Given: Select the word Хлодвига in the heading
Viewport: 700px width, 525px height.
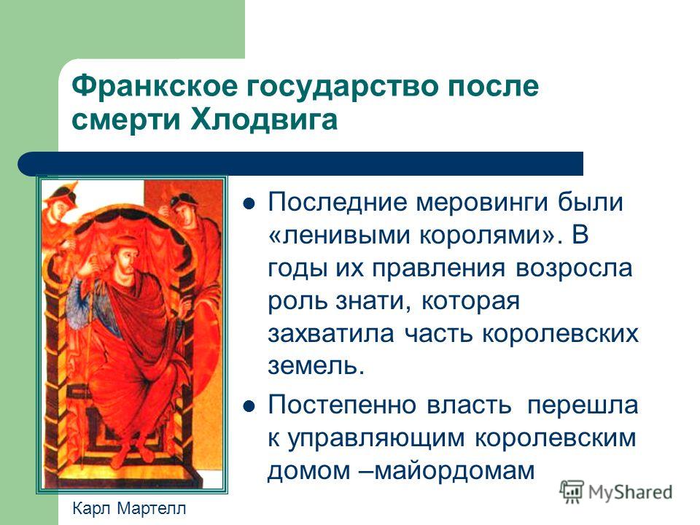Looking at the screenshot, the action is pos(264,119).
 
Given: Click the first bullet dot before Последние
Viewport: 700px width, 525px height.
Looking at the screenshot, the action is pos(249,204).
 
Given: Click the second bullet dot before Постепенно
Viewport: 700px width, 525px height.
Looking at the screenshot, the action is pos(249,406).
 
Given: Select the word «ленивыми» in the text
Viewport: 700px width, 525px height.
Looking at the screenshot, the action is pos(339,235).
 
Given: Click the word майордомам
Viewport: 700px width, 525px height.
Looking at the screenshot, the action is pos(454,470).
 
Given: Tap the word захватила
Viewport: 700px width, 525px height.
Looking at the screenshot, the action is pos(331,334).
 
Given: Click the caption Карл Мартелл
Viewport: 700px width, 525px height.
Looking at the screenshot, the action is pos(129,508).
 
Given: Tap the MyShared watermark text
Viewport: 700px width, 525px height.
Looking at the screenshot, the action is pos(630,492).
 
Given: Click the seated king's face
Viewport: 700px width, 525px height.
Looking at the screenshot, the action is pos(124,257).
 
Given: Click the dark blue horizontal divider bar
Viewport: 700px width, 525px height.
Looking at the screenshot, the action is pos(300,163).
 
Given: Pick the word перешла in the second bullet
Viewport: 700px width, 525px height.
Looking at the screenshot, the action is pos(582,405).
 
